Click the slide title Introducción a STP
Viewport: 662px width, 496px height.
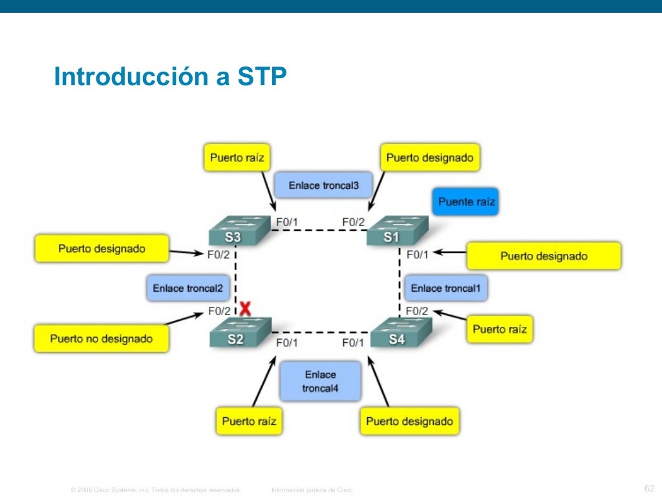point(170,77)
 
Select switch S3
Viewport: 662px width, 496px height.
point(234,231)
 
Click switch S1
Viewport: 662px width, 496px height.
point(393,231)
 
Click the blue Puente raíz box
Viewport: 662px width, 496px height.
point(466,201)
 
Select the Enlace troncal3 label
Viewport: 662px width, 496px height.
point(323,185)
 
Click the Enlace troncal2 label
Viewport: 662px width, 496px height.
point(187,288)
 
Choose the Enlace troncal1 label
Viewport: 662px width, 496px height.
point(445,288)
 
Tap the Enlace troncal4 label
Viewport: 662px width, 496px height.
point(320,382)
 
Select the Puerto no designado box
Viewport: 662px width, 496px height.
point(101,338)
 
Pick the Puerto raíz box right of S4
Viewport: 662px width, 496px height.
point(499,329)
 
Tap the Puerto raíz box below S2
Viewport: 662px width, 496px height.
point(249,421)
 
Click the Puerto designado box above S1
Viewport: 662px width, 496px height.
point(429,158)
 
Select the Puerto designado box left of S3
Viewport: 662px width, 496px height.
point(101,248)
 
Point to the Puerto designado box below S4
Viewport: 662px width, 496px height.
point(409,421)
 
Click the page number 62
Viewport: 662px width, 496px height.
point(650,488)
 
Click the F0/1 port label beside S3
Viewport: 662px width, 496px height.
point(287,223)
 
